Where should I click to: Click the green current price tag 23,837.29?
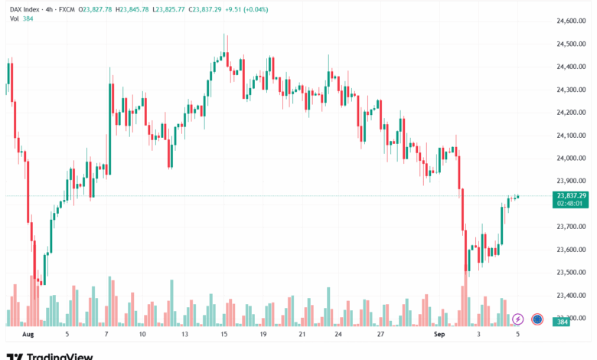pos(572,195)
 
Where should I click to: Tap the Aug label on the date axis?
pos(28,335)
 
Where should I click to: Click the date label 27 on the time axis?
pos(380,335)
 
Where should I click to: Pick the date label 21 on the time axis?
pos(302,335)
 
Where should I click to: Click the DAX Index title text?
pos(24,8)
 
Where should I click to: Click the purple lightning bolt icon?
pos(518,319)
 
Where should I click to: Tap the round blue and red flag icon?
pos(537,319)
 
